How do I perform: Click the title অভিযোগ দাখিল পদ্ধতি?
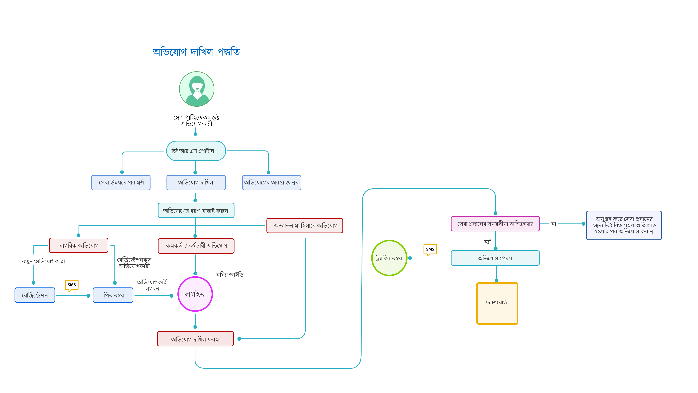[196, 51]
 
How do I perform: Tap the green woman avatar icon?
[197, 89]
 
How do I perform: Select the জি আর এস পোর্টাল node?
[196, 151]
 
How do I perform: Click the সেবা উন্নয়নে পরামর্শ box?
[121, 182]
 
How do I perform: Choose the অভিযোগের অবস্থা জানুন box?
[272, 182]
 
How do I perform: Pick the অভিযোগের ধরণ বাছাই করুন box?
[196, 211]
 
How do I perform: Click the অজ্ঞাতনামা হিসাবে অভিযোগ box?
[305, 226]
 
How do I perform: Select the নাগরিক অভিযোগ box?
[79, 245]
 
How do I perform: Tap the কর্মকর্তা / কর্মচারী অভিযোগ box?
[196, 246]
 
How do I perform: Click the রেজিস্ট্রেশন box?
[35, 295]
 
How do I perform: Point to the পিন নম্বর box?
[113, 295]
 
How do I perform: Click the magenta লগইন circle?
[195, 294]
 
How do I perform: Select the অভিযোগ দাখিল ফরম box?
[195, 339]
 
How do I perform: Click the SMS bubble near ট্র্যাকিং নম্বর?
[430, 249]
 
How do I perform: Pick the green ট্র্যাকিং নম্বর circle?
[389, 258]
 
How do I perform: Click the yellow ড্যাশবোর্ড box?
[497, 303]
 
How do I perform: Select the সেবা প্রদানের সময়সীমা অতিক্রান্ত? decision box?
[495, 224]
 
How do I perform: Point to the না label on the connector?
[553, 224]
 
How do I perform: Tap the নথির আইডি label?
[230, 275]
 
